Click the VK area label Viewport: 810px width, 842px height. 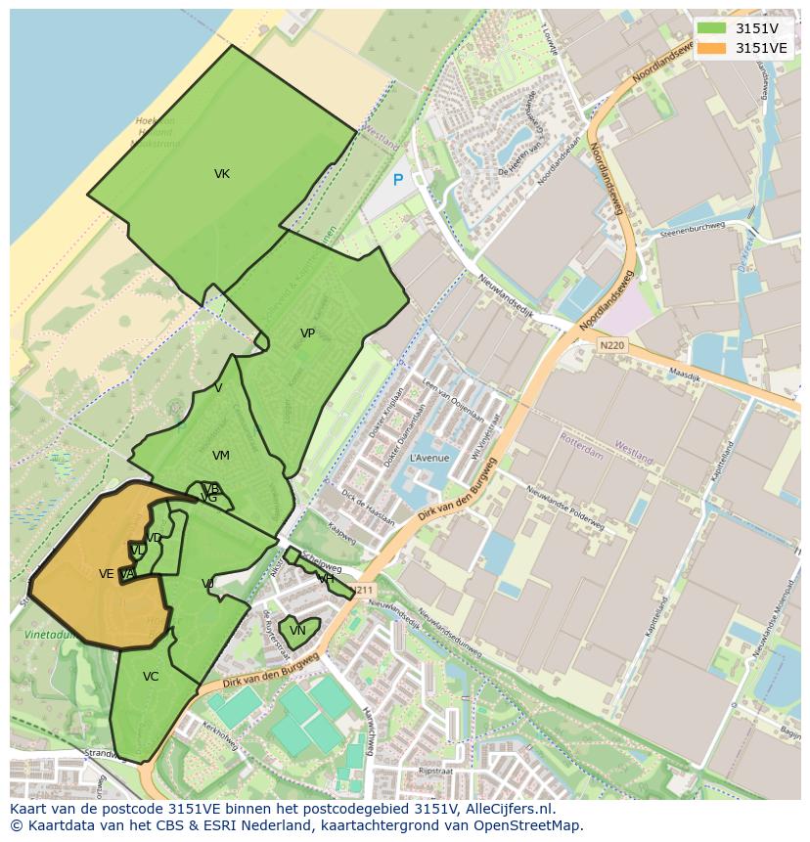click(x=222, y=174)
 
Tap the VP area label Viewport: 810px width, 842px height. click(x=307, y=333)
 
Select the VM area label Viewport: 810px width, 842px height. click(x=221, y=456)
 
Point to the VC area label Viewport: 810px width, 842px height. click(x=151, y=677)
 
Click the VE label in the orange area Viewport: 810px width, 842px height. click(x=107, y=574)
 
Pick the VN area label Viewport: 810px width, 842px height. click(x=297, y=631)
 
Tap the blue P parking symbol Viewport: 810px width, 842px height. click(x=397, y=180)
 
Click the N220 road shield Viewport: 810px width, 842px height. click(x=611, y=345)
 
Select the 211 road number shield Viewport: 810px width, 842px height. click(x=364, y=590)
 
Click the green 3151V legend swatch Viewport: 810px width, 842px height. click(x=712, y=28)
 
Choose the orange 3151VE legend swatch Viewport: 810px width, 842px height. click(x=712, y=47)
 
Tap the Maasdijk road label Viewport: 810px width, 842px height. click(x=687, y=373)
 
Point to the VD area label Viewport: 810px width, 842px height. click(x=154, y=539)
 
